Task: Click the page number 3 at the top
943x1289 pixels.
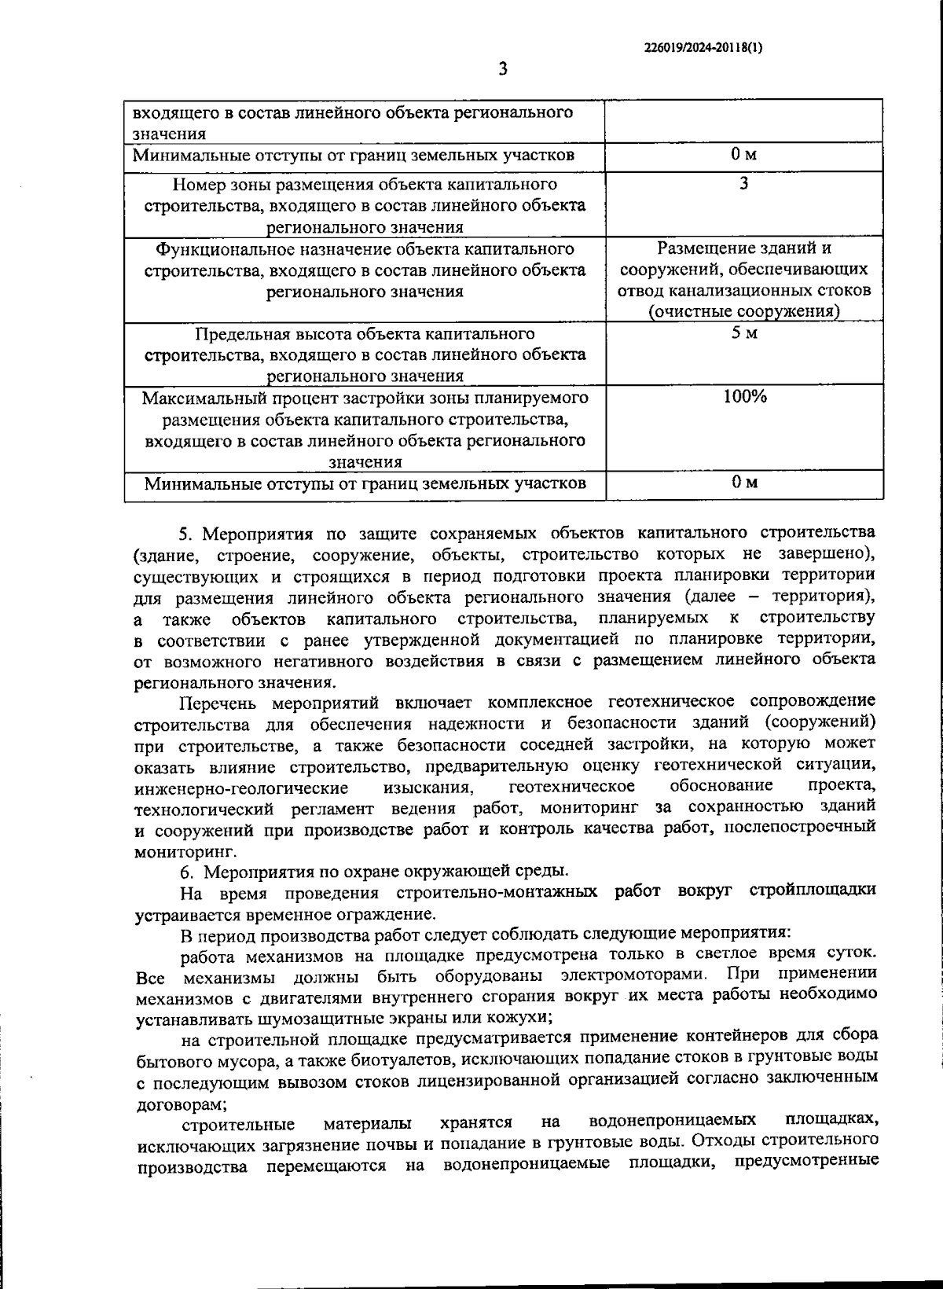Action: click(502, 69)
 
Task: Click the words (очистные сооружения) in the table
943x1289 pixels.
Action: click(744, 312)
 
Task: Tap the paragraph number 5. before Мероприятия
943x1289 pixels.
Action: click(187, 534)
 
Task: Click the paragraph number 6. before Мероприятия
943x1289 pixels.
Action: click(187, 872)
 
